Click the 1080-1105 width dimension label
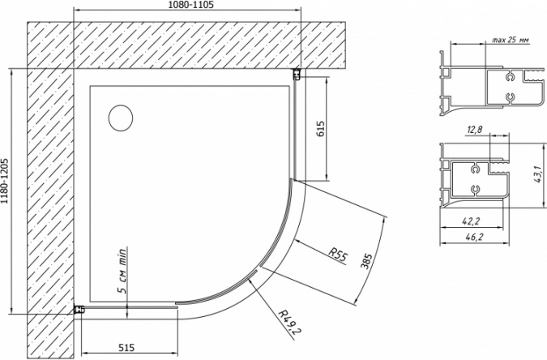pyautogui.click(x=190, y=5)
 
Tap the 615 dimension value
pyautogui.click(x=321, y=129)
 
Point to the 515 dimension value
pyautogui.click(x=126, y=348)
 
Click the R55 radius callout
pyautogui.click(x=337, y=255)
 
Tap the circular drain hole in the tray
pyautogui.click(x=121, y=118)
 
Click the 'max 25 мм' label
pyautogui.click(x=511, y=40)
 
